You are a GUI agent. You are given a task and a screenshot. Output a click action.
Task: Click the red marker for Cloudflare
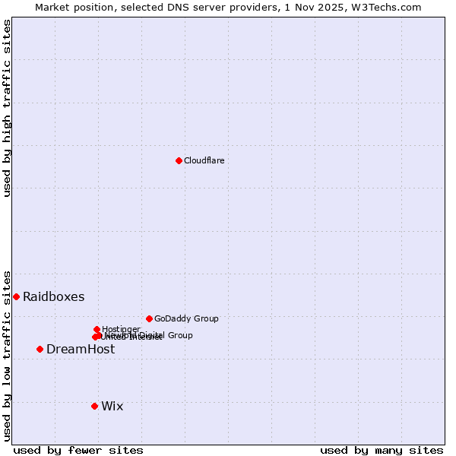(179, 160)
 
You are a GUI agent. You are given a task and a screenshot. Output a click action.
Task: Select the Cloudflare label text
(204, 160)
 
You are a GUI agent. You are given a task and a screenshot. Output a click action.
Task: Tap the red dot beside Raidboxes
(16, 296)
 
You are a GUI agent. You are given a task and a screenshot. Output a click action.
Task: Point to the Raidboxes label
(53, 296)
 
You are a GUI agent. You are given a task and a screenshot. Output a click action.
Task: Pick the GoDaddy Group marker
(149, 318)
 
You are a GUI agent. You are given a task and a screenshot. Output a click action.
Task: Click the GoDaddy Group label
(186, 318)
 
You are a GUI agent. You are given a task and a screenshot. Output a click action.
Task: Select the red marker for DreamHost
(40, 349)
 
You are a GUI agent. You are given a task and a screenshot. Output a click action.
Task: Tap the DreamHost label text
(81, 349)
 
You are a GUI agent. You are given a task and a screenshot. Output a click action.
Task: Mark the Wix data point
(94, 406)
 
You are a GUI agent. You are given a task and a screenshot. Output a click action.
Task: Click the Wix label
(112, 406)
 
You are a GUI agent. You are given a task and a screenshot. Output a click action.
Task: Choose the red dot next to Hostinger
(97, 329)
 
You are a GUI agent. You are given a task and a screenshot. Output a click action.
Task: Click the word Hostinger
(121, 329)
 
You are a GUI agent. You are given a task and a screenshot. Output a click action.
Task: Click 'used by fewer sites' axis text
(78, 450)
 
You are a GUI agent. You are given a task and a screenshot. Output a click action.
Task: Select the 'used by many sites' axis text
(382, 450)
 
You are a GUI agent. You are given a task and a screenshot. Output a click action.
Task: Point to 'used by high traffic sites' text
(8, 108)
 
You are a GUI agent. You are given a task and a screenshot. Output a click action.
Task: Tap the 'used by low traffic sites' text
(8, 355)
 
